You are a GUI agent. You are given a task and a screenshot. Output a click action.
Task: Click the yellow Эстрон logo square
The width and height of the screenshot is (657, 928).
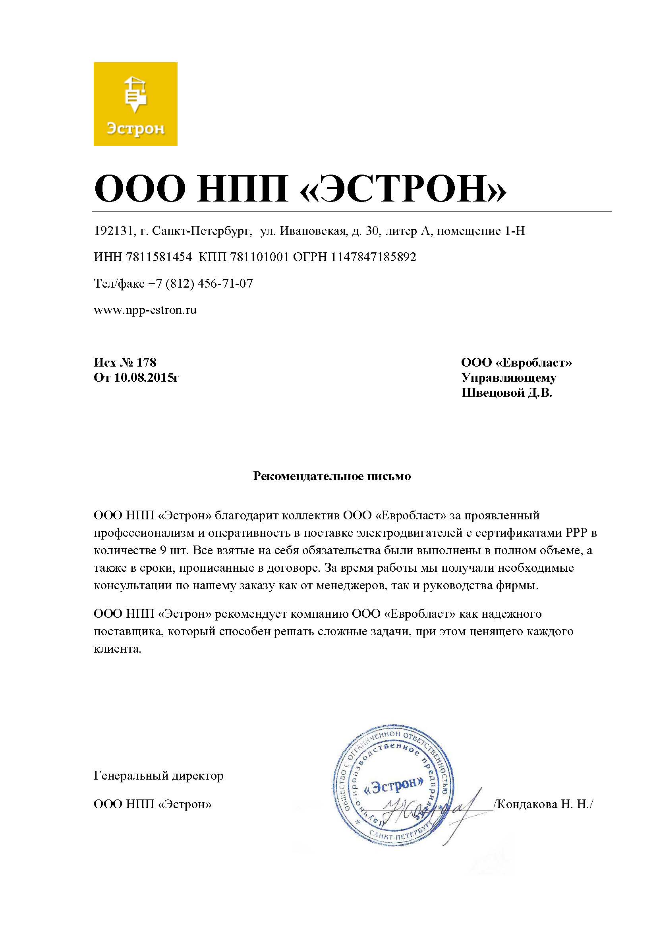(x=135, y=104)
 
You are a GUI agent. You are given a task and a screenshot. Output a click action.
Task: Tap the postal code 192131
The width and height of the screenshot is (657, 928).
(x=113, y=231)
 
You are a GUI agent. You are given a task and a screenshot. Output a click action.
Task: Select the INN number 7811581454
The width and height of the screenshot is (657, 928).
(x=159, y=257)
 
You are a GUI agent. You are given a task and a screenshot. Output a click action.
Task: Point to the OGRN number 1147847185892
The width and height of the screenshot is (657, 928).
(x=373, y=257)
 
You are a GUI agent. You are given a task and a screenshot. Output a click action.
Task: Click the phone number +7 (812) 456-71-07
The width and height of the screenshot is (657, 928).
(x=200, y=284)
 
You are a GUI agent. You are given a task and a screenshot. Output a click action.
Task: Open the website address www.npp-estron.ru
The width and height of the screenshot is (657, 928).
(x=145, y=310)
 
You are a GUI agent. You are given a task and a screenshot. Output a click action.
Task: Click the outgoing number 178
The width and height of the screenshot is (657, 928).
(x=147, y=362)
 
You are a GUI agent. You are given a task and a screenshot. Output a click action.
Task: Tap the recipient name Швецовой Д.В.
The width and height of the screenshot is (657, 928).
(x=507, y=393)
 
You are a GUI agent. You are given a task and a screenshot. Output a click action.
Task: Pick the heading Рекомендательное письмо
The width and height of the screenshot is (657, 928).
(x=332, y=476)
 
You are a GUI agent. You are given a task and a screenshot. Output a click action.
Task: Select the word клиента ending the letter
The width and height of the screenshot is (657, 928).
(x=117, y=649)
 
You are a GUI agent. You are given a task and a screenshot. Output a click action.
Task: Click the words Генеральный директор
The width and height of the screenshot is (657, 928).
(x=158, y=776)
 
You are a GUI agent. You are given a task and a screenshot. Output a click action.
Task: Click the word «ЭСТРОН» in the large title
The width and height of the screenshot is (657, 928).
(x=403, y=189)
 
